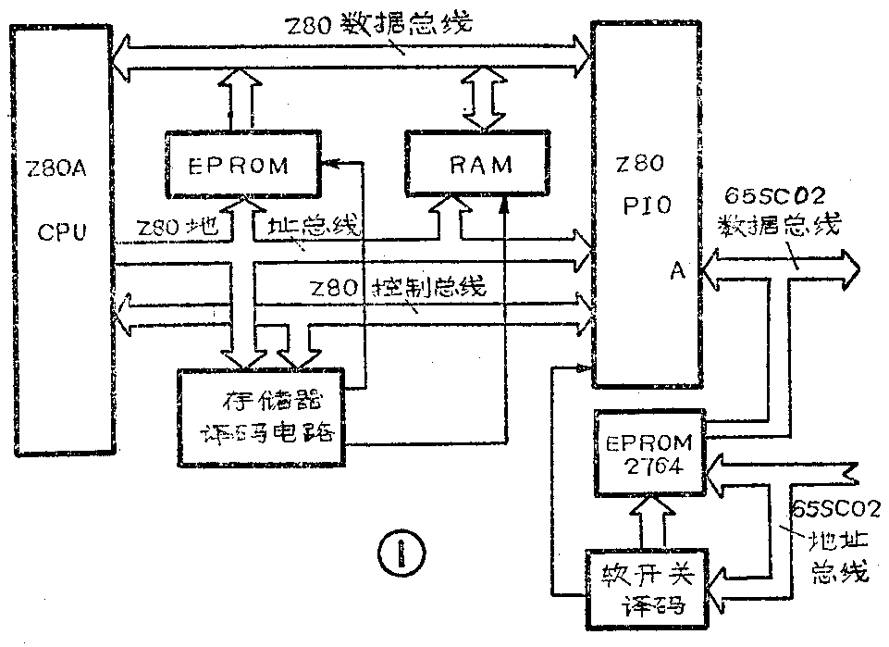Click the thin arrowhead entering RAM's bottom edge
504,205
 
